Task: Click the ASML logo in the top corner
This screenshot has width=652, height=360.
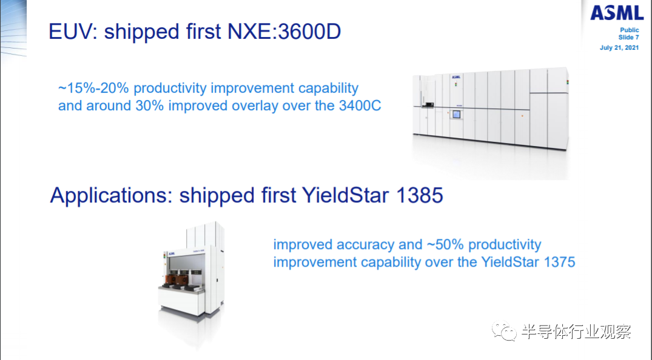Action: tap(617, 13)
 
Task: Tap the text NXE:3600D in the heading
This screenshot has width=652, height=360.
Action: tap(284, 32)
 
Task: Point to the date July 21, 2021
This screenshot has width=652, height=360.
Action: tap(619, 48)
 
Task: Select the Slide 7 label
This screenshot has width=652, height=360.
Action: tap(629, 38)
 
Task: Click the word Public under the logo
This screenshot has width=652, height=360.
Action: tap(630, 30)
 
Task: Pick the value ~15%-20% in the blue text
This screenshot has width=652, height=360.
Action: tap(93, 88)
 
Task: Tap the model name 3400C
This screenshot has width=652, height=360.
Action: tap(360, 105)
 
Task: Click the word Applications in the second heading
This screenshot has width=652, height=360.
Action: tap(111, 196)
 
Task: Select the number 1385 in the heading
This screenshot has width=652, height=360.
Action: tap(420, 195)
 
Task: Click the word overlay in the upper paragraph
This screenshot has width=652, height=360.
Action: tap(255, 106)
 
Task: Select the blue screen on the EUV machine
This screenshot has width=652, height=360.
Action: tap(457, 115)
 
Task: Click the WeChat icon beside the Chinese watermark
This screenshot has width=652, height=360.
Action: tap(504, 331)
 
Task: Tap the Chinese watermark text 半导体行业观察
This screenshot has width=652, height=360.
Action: tap(576, 332)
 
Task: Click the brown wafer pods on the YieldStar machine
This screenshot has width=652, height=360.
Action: tap(181, 279)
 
